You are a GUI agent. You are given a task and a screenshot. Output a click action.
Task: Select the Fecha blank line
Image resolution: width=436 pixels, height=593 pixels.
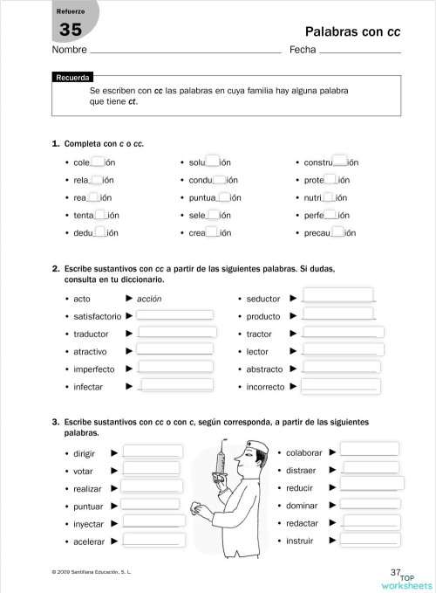tap(360, 52)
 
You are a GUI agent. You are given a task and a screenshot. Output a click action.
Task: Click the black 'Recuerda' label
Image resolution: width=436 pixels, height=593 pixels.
tap(72, 78)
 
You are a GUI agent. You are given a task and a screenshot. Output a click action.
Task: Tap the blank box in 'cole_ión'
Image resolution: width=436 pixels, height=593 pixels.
tap(98, 162)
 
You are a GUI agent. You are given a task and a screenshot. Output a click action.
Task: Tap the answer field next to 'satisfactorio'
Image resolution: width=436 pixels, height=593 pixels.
tap(175, 315)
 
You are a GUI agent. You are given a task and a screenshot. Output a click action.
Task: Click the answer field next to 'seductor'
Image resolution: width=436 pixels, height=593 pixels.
tap(337, 297)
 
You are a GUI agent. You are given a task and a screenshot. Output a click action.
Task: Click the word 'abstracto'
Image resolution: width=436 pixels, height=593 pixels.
tap(264, 369)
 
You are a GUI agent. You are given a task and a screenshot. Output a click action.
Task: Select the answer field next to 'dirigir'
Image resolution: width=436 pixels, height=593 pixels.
tap(153, 452)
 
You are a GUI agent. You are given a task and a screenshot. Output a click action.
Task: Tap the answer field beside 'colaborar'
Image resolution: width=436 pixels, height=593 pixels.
tap(369, 451)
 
